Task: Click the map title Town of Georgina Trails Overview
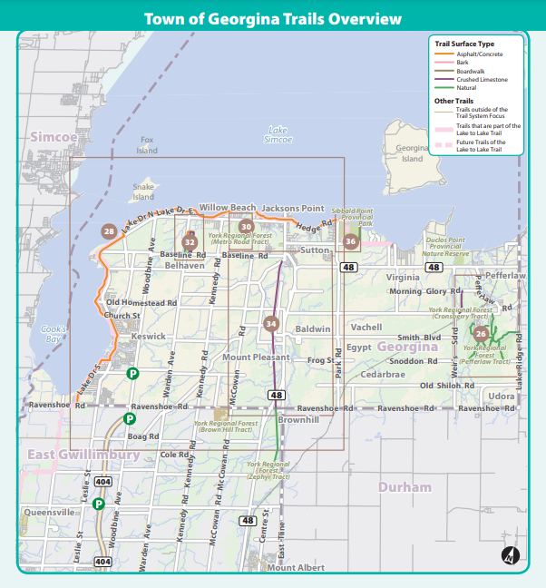(272, 18)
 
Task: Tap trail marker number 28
(109, 232)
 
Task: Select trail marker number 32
(190, 242)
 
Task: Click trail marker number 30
(246, 227)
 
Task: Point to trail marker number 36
(351, 241)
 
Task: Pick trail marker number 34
(270, 324)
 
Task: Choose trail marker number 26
(481, 334)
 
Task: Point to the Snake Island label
(143, 191)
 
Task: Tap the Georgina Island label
(412, 153)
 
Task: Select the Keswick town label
(149, 336)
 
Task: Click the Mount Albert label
(295, 567)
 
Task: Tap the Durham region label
(405, 487)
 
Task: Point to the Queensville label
(51, 512)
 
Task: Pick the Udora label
(501, 397)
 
